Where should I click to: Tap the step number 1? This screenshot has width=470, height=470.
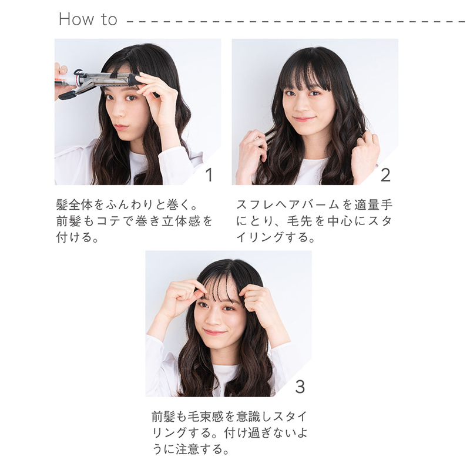[x=209, y=174]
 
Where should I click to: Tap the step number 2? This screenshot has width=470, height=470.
[x=385, y=174]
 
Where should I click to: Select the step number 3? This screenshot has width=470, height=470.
[x=300, y=386]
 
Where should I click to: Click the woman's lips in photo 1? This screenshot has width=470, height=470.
[x=121, y=126]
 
